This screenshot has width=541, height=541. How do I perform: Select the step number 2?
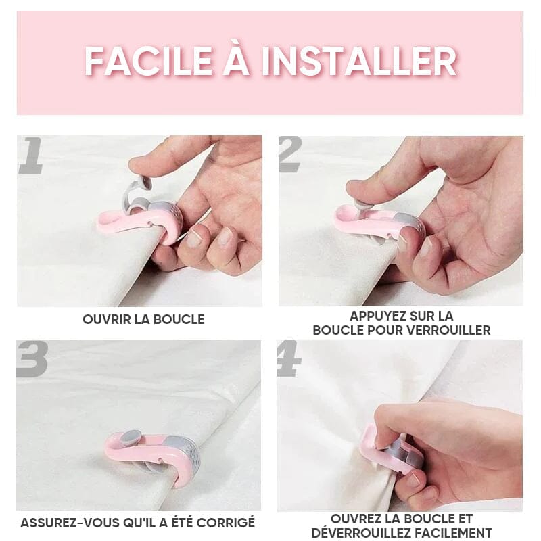click(290, 156)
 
